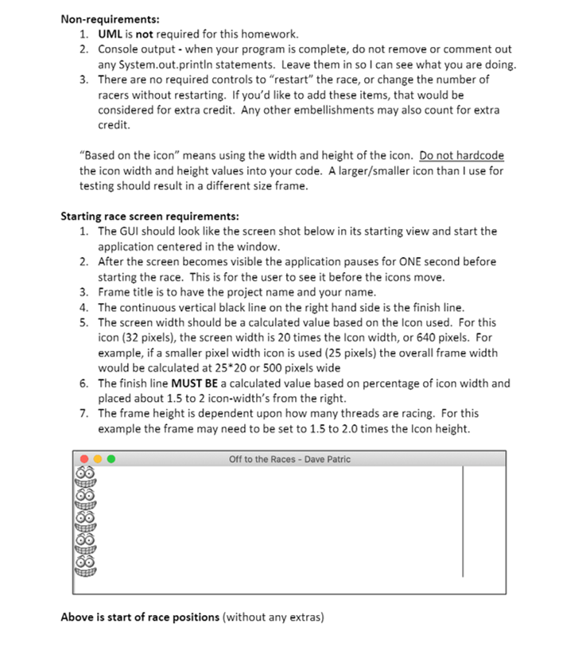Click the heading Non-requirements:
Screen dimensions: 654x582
click(x=99, y=18)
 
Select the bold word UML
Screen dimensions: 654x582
click(x=110, y=34)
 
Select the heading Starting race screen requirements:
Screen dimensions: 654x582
click(x=149, y=216)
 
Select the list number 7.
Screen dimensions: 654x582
click(x=83, y=413)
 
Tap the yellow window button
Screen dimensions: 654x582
click(x=98, y=459)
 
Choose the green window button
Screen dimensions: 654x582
click(x=111, y=459)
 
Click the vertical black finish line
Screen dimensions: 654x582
click(x=463, y=521)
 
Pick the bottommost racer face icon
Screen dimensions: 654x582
click(x=84, y=566)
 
